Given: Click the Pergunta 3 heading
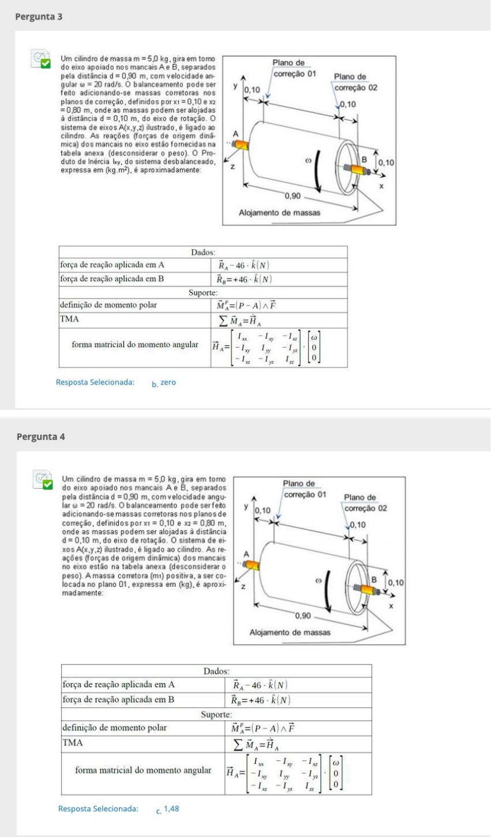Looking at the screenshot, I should coord(39,16).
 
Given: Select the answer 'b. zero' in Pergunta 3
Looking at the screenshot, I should coord(165,382).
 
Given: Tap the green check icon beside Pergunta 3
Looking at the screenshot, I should coord(42,59).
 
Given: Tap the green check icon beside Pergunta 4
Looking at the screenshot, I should coord(44,480).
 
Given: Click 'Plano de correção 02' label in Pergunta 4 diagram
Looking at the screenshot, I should coord(365,503).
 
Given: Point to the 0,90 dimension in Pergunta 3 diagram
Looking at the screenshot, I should coord(293,197).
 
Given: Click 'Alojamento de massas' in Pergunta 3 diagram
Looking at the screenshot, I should coord(279,212).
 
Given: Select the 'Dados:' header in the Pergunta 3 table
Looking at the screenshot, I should coord(203,252).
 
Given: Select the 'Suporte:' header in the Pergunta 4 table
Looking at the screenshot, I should coord(216,715).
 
